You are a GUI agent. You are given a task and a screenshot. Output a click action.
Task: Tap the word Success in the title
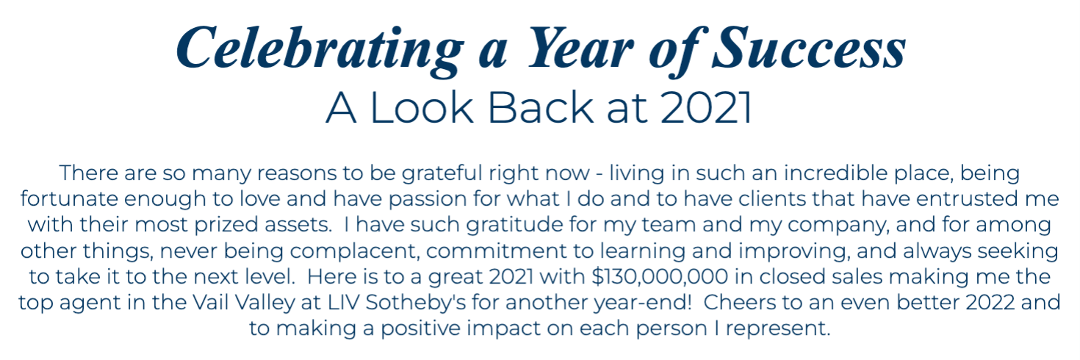click(x=810, y=48)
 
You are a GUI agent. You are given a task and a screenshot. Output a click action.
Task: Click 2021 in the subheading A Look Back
click(x=706, y=108)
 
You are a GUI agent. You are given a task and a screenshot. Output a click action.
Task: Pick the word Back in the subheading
click(x=541, y=108)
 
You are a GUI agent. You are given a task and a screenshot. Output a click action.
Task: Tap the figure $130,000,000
click(x=660, y=277)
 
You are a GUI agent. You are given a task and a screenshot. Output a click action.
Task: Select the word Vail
click(x=212, y=303)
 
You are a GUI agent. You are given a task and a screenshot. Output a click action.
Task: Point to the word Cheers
click(x=740, y=303)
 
